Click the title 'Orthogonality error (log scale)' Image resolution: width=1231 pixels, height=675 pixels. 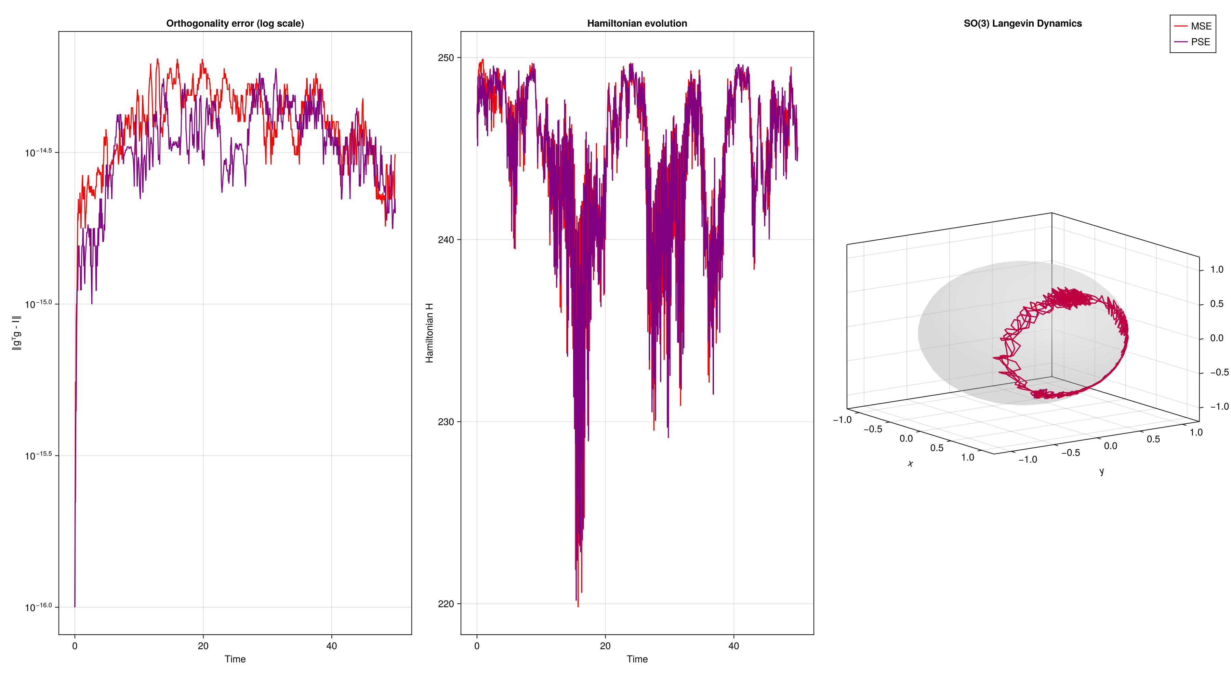pyautogui.click(x=235, y=23)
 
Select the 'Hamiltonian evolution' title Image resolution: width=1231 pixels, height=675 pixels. pyautogui.click(x=637, y=23)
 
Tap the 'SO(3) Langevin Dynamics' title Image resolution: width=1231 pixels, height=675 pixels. pyautogui.click(x=1023, y=23)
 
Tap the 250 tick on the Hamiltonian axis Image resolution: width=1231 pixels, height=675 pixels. pyautogui.click(x=446, y=58)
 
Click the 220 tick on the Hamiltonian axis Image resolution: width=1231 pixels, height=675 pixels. pyautogui.click(x=446, y=604)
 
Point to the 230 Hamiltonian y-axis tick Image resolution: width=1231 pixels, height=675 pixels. pyautogui.click(x=446, y=422)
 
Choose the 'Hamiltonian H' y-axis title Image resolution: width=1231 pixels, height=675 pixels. pyautogui.click(x=429, y=333)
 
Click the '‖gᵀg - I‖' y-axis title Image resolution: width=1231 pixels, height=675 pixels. pyautogui.click(x=17, y=333)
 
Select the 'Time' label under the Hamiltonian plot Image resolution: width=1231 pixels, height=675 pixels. pyautogui.click(x=637, y=659)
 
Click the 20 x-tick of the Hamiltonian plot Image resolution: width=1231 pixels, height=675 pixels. pyautogui.click(x=605, y=646)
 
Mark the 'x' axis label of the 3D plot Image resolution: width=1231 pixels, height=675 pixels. pyautogui.click(x=910, y=463)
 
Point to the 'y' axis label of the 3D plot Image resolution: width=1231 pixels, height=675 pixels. pyautogui.click(x=1101, y=472)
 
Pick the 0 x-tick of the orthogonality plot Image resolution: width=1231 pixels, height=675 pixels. pyautogui.click(x=75, y=646)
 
